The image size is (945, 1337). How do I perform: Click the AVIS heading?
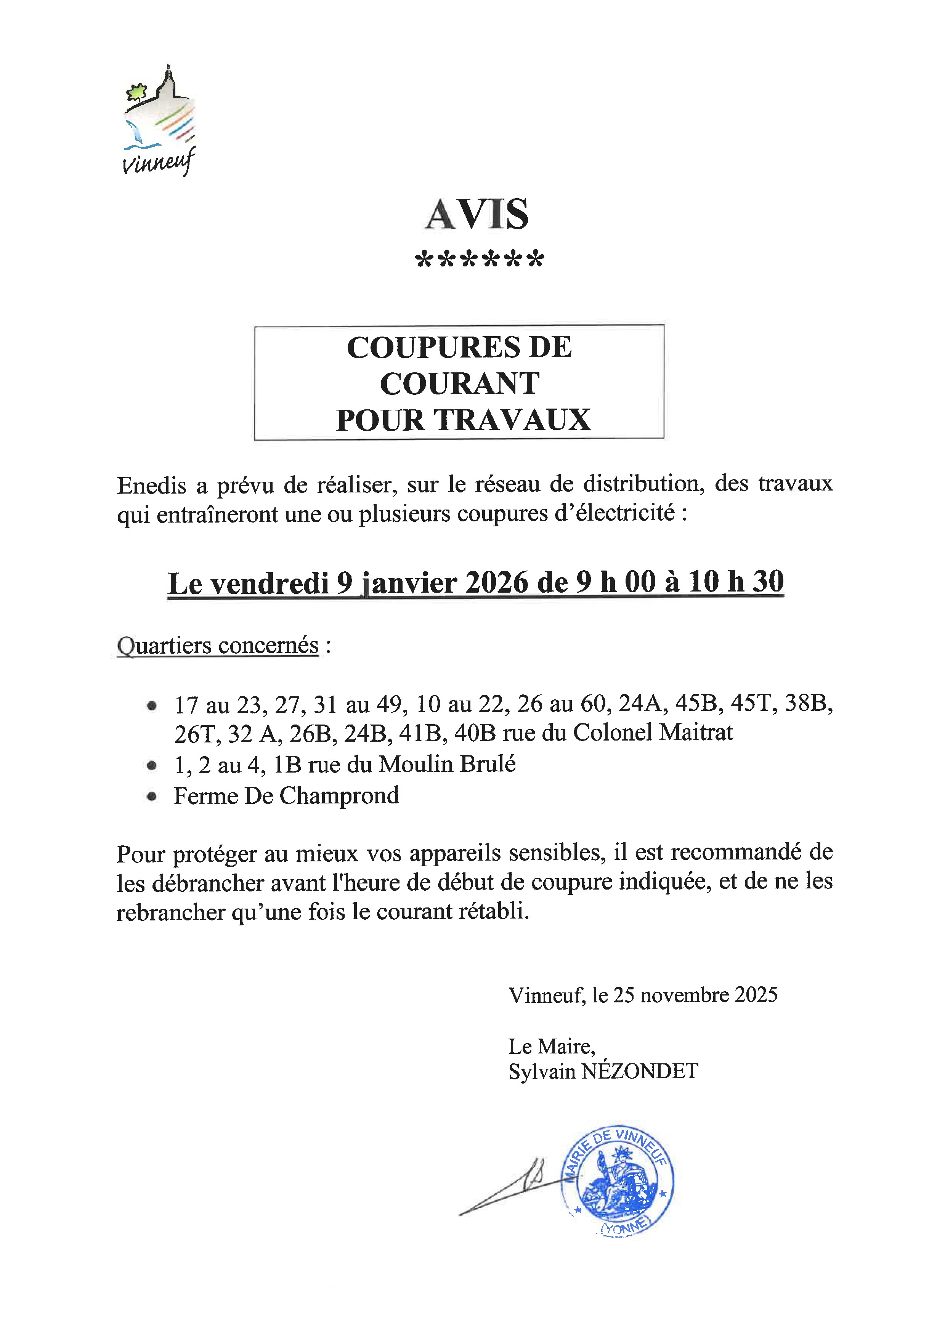coord(477,214)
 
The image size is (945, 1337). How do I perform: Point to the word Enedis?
coord(151,485)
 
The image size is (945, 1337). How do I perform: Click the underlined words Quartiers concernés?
coord(218,645)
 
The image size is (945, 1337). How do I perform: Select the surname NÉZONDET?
coord(640,1071)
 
